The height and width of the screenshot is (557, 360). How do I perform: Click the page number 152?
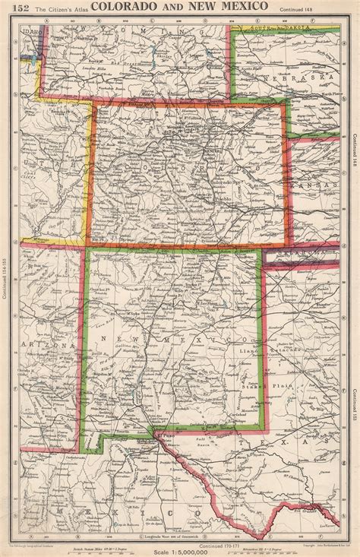14,8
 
